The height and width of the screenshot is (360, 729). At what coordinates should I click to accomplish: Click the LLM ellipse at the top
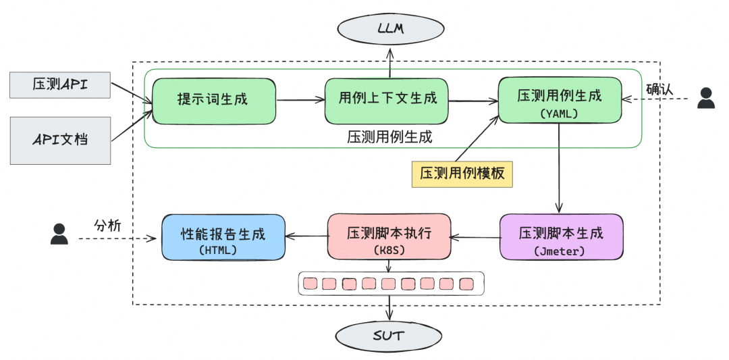(x=389, y=28)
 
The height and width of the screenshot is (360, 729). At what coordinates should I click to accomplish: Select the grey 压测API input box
(x=60, y=84)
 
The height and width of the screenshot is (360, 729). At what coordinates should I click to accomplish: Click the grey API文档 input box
(x=60, y=140)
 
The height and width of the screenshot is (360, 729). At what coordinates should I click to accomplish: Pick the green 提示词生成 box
(x=214, y=101)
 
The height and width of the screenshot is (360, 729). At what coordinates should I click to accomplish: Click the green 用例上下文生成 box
(x=386, y=101)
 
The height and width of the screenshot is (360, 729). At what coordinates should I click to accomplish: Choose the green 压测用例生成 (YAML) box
(x=560, y=101)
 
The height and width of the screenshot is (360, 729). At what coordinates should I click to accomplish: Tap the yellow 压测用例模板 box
(x=462, y=174)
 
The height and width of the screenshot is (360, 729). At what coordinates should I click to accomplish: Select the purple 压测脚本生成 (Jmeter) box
(x=561, y=237)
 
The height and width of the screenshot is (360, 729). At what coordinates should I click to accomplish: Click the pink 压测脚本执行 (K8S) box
(x=389, y=237)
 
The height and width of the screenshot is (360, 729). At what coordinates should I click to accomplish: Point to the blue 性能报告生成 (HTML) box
(x=223, y=237)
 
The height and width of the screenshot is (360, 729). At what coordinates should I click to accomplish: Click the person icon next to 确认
(x=706, y=99)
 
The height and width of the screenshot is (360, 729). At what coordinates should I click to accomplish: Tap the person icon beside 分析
(x=59, y=234)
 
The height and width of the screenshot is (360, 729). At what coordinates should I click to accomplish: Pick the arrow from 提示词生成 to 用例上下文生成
(x=300, y=101)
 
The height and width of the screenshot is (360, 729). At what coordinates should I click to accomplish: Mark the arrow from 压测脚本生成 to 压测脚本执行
(x=475, y=237)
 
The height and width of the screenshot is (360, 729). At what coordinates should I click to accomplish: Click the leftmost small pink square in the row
(x=310, y=283)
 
